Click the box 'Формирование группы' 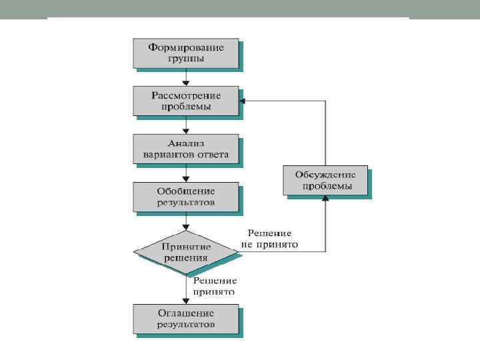click(x=186, y=53)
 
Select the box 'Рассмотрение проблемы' click(x=186, y=101)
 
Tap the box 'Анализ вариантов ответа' click(x=186, y=149)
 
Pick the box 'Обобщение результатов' click(x=186, y=197)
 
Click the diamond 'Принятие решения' click(x=186, y=251)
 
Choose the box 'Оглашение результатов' click(x=186, y=319)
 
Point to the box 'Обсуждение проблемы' click(x=325, y=181)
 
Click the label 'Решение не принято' click(x=270, y=239)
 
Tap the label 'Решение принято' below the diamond click(x=215, y=286)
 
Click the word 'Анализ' click(x=185, y=143)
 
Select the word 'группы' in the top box click(x=186, y=59)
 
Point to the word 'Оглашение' click(x=186, y=313)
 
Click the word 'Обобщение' click(x=186, y=191)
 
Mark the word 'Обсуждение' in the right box click(x=325, y=175)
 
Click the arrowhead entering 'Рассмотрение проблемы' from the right click(x=243, y=101)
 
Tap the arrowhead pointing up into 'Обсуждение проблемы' click(x=325, y=199)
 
